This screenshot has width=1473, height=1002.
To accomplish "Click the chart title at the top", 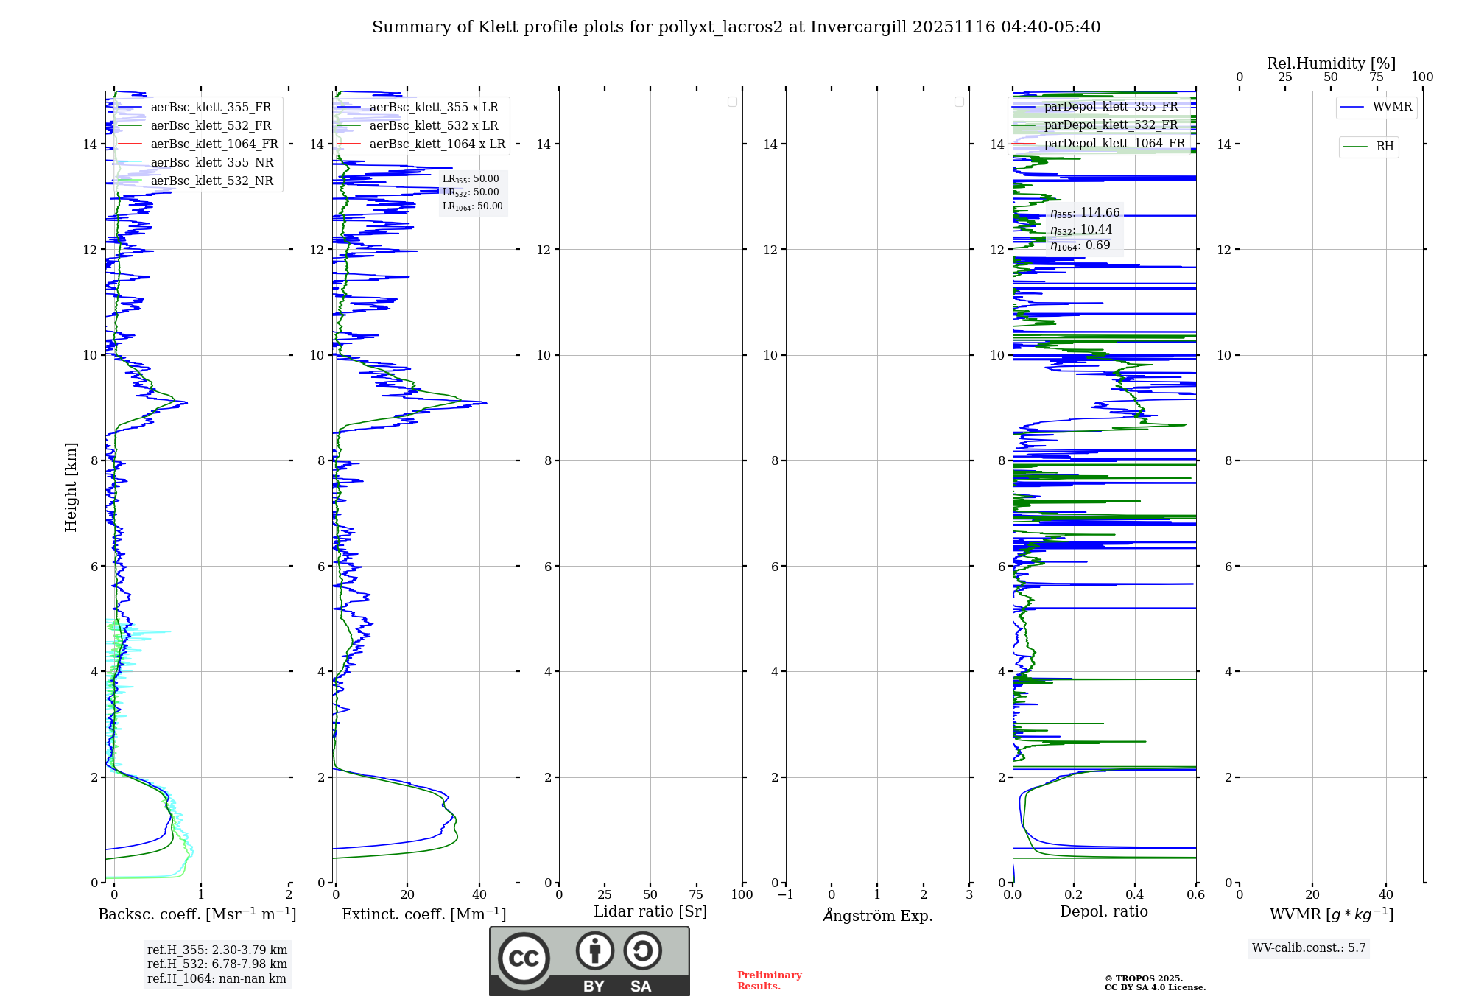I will pos(736,27).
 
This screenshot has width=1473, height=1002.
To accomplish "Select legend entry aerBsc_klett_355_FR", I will pos(211,108).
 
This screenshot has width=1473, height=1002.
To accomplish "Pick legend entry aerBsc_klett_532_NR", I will pos(211,181).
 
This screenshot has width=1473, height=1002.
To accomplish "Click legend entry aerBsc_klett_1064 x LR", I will pos(437,144).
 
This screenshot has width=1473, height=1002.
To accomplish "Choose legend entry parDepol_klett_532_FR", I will pos(1111,125).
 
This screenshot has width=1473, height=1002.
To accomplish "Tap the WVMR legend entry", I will pos(1392,107).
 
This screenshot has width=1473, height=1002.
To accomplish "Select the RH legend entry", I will pos(1385,147).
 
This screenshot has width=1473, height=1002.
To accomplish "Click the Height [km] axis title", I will pos(71,487).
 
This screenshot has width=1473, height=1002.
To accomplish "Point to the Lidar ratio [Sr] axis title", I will pos(650,912).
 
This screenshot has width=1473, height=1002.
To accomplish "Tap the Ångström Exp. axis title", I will pos(877,916).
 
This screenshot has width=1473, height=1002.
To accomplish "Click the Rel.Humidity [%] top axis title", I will pos(1331,63).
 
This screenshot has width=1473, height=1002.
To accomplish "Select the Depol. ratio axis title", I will pos(1103,912).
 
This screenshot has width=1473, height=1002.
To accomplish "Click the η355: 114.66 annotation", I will pos(1085,214).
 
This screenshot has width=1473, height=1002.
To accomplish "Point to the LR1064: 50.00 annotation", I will pos(472,206).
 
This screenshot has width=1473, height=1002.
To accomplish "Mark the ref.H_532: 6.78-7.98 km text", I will pos(217,964).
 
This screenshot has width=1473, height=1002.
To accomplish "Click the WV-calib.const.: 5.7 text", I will pos(1309,948).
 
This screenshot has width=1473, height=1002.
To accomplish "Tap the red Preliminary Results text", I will pos(769,981).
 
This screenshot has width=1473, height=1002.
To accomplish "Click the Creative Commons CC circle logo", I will pos(524,959).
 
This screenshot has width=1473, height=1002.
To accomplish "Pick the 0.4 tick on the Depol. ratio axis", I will pos(1135,895).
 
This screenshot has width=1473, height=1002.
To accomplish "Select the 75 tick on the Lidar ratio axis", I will pos(696,895).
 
